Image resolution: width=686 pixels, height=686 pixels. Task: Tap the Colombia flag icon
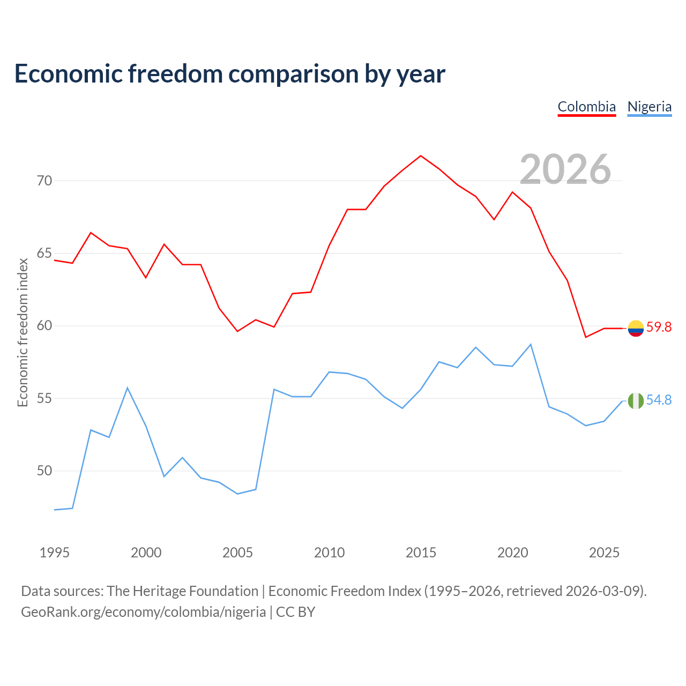point(636,328)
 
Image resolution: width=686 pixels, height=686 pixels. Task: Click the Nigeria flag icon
point(636,401)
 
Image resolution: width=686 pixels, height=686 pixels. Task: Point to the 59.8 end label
point(659,327)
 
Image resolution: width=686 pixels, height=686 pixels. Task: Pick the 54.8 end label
point(659,400)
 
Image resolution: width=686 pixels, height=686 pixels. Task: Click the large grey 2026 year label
point(565,169)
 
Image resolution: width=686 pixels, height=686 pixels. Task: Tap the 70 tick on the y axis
point(44,181)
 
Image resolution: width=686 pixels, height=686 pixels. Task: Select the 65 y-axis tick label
point(44,253)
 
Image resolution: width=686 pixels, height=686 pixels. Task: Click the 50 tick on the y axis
point(44,471)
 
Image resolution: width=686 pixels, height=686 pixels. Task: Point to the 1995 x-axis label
point(55,553)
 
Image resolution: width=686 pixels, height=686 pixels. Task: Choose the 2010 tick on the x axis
point(329,553)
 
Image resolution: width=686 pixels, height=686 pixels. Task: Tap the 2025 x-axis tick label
point(604,553)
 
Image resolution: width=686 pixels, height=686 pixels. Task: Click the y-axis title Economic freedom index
point(23,332)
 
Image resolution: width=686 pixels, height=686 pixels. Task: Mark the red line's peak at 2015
point(421,155)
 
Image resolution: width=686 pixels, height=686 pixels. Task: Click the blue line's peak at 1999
point(128,387)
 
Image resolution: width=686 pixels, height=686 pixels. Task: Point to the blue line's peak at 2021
point(531,344)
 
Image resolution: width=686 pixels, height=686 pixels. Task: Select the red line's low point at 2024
point(586,337)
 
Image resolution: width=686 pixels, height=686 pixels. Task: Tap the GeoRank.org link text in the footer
point(143,612)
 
